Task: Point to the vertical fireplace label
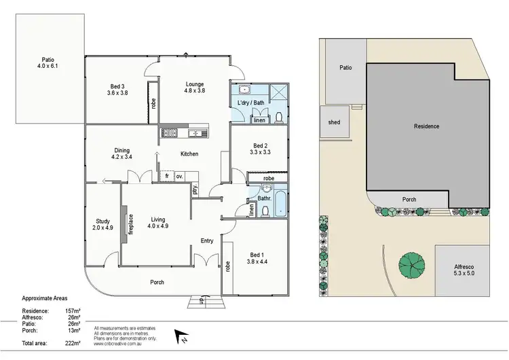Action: tap(132, 224)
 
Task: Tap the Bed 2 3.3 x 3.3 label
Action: tap(261, 149)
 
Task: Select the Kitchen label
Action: tap(189, 154)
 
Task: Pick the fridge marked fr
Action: tap(166, 177)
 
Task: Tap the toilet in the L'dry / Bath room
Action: tap(280, 118)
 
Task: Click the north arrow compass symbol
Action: tap(181, 335)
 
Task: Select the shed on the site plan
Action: tap(333, 123)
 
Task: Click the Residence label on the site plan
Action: tap(427, 126)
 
